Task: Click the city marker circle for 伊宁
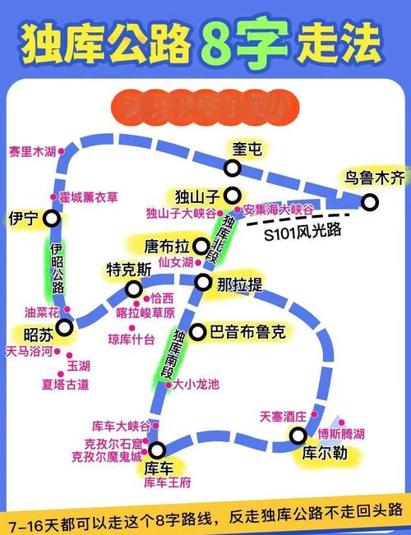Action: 52,219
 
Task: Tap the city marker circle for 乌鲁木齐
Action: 371,201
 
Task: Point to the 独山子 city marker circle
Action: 233,196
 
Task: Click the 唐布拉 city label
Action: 167,246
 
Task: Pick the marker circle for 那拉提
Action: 202,283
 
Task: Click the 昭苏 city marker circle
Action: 63,327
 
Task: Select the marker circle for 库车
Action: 157,449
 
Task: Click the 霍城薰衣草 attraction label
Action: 88,197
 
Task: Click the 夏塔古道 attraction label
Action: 64,384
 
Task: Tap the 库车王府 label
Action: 167,482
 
